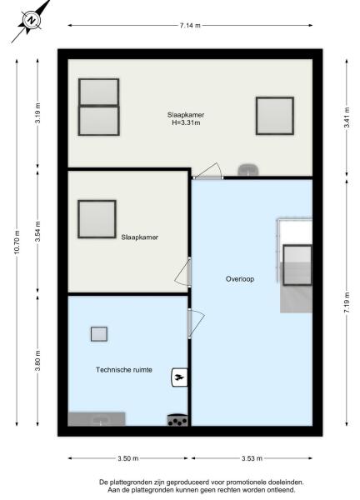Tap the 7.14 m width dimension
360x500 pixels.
click(x=190, y=26)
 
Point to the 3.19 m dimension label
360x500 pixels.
click(x=37, y=113)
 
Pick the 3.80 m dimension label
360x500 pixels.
click(x=37, y=364)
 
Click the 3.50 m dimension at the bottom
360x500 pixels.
click(x=129, y=458)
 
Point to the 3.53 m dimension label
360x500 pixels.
click(x=252, y=458)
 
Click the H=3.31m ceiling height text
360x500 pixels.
click(x=185, y=124)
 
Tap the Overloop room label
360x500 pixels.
click(x=239, y=279)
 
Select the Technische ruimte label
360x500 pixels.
click(x=124, y=368)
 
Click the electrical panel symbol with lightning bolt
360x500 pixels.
click(x=178, y=377)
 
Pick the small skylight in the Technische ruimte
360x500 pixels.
click(x=99, y=334)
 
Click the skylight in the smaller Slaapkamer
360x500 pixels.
click(x=97, y=218)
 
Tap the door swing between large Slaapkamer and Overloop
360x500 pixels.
click(x=208, y=171)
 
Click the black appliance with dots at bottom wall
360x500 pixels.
click(x=177, y=421)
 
